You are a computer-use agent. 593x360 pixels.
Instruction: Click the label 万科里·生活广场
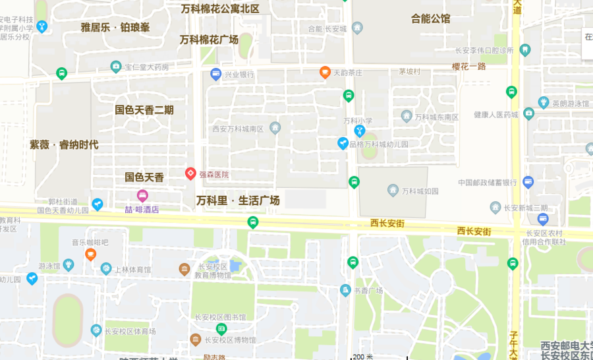(x=239, y=200)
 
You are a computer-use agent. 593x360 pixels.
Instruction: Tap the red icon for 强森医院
(x=190, y=174)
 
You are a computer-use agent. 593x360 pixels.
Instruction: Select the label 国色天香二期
(x=144, y=110)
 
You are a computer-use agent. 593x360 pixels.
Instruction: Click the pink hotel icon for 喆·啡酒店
(x=142, y=195)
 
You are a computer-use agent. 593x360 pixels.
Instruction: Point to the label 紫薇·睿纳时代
(x=64, y=145)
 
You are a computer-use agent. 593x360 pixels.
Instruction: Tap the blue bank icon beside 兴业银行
(x=215, y=74)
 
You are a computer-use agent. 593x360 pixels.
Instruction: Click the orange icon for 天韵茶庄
(x=325, y=72)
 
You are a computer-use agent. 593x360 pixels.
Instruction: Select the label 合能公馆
(x=430, y=18)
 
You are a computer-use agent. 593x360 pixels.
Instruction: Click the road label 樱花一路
(x=468, y=67)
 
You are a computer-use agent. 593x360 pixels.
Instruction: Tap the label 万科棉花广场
(x=209, y=40)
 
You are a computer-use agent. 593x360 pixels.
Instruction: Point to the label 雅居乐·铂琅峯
(x=115, y=27)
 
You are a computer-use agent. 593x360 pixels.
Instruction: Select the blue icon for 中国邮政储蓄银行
(x=528, y=181)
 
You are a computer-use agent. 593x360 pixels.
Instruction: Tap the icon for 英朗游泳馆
(x=544, y=102)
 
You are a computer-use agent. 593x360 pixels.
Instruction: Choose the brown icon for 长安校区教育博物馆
(x=184, y=269)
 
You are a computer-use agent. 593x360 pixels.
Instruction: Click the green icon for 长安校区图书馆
(x=221, y=328)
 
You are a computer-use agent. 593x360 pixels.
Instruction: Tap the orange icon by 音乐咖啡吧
(x=90, y=254)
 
